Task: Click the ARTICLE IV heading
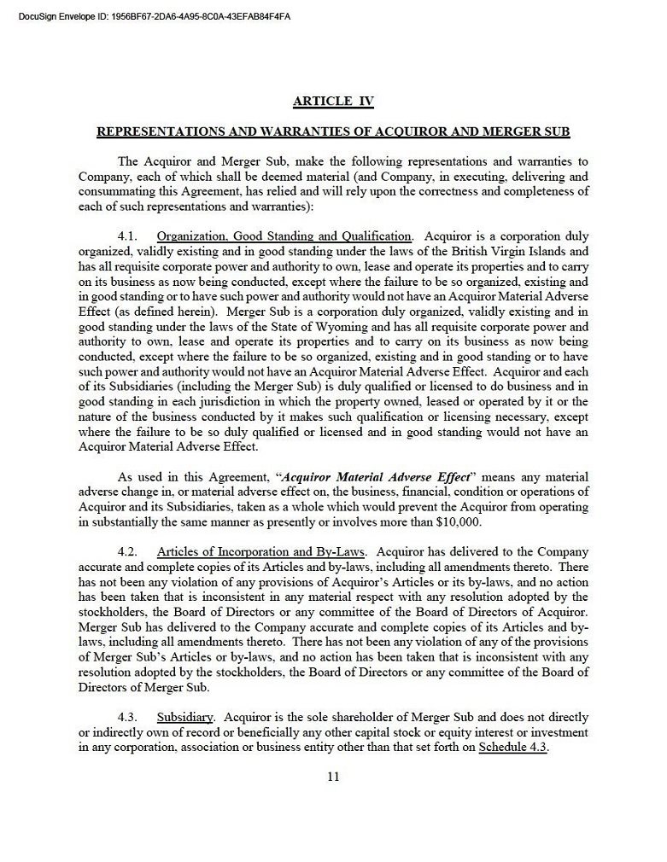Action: pyautogui.click(x=333, y=102)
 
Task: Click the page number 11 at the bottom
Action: pyautogui.click(x=333, y=776)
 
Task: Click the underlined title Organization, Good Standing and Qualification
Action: pyautogui.click(x=284, y=236)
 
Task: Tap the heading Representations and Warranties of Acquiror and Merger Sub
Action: pyautogui.click(x=333, y=132)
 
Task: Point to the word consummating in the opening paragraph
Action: pyautogui.click(x=113, y=191)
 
